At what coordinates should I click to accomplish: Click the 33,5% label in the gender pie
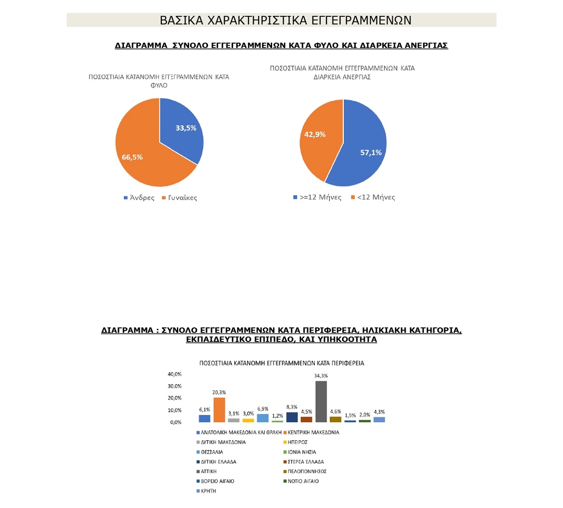click(186, 128)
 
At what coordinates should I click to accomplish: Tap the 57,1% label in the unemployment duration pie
click(371, 152)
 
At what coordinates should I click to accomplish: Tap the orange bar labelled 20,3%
click(219, 410)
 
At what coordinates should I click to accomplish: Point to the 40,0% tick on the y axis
click(175, 374)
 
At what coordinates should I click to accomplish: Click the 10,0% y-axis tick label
click(175, 410)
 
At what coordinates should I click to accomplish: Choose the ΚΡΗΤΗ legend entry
click(208, 491)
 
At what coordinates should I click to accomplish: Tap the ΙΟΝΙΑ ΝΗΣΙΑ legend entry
click(302, 452)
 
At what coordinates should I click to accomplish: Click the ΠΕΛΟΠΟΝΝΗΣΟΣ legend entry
click(307, 471)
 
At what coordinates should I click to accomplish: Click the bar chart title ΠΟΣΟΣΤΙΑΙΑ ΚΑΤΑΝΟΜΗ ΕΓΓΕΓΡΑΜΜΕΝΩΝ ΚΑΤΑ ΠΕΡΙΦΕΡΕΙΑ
click(281, 363)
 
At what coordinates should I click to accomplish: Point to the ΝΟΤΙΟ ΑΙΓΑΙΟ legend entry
click(303, 481)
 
